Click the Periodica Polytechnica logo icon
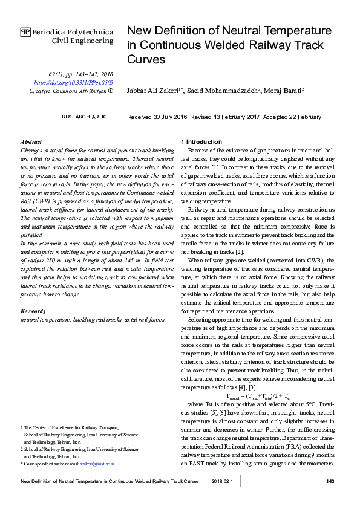tap(25, 31)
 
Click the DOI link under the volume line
tap(73, 82)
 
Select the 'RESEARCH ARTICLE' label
tap(87, 117)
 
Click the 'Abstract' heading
tap(31, 141)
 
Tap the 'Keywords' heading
tap(33, 311)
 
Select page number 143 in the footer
tap(330, 481)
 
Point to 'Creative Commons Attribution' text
tap(68, 91)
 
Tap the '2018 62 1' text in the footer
tap(226, 481)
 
